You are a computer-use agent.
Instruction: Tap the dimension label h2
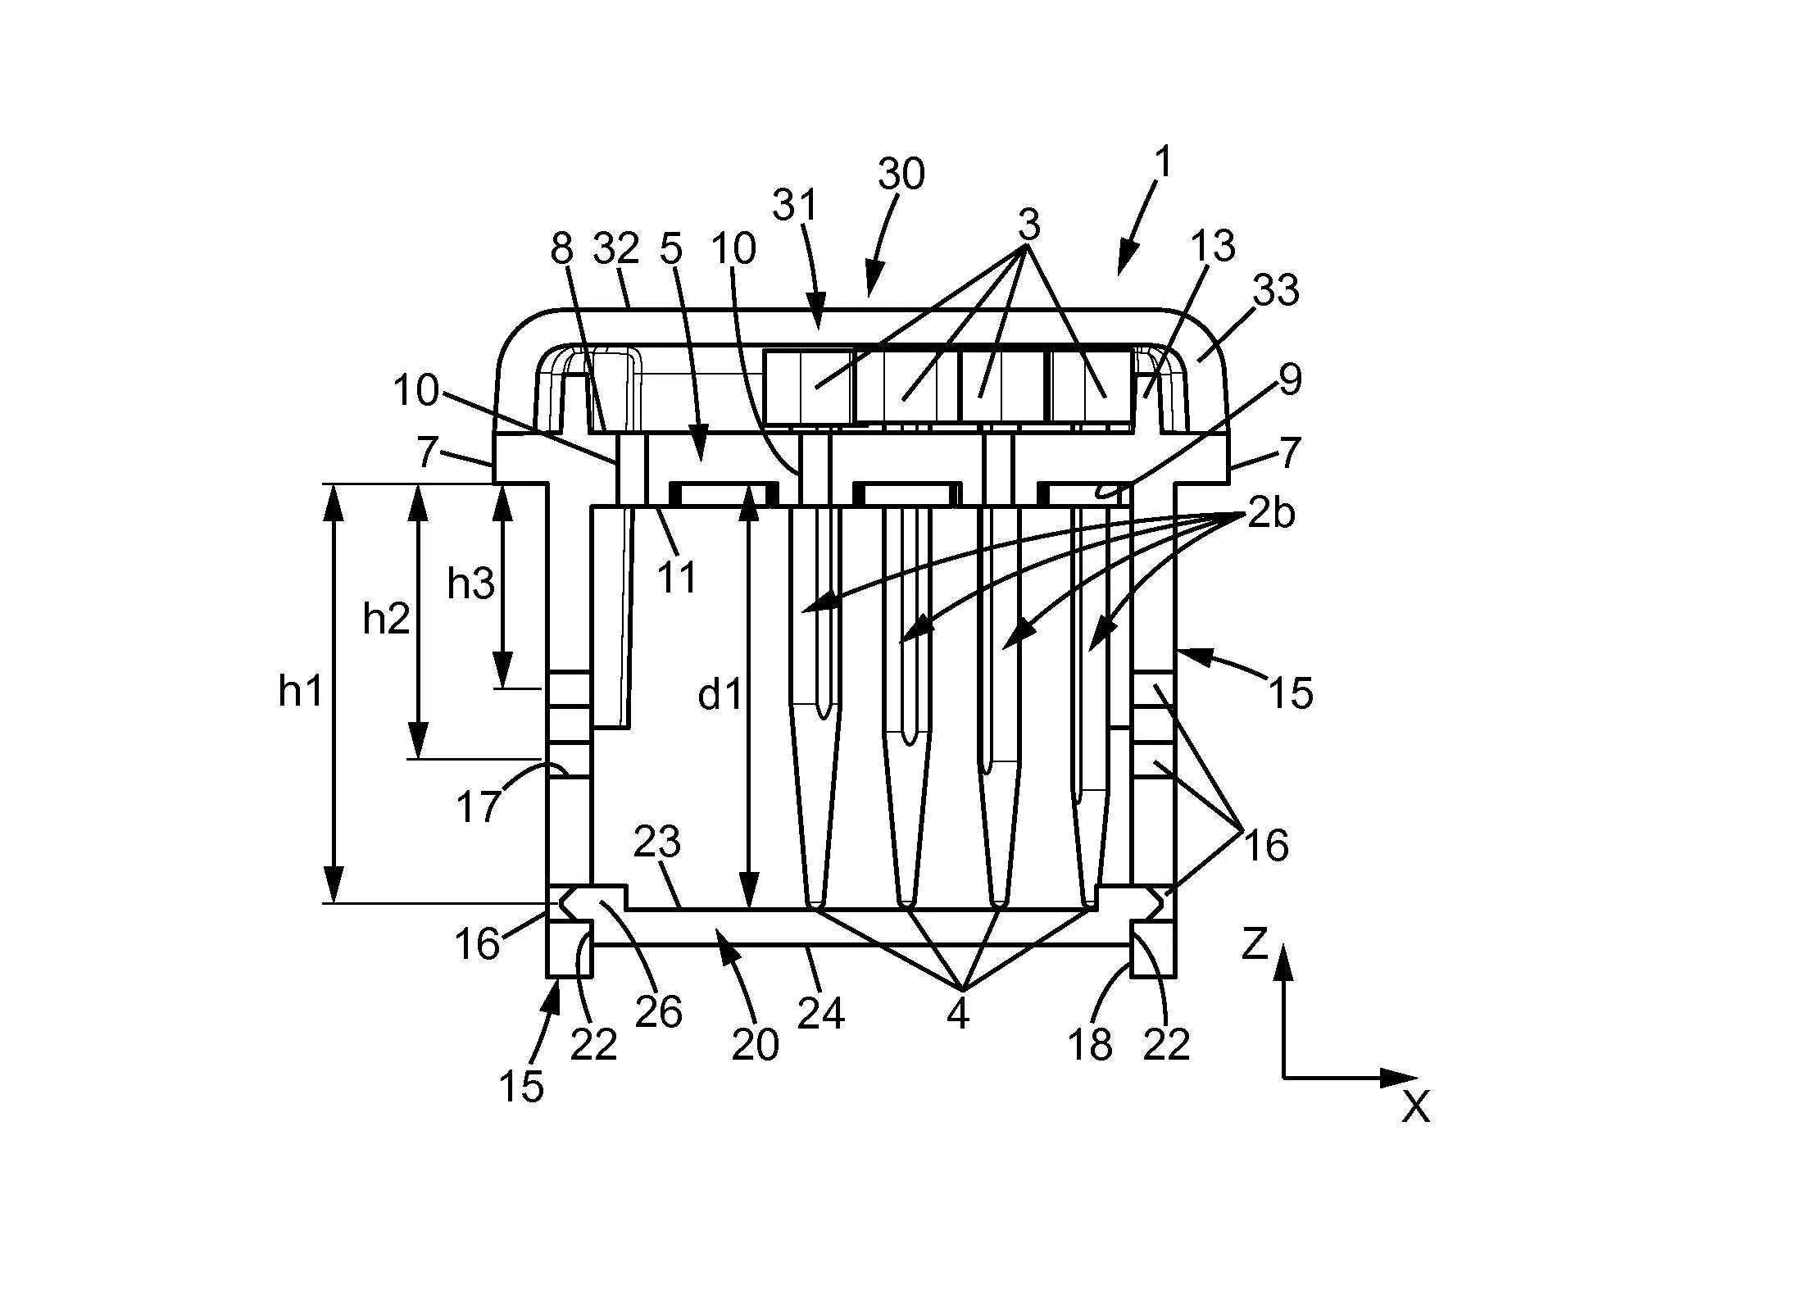(386, 620)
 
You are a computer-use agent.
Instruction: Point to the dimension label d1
(720, 696)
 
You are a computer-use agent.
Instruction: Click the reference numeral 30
(901, 175)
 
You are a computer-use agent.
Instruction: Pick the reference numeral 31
(796, 205)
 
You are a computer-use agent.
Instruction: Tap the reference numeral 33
(1276, 291)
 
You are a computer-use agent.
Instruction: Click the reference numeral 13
(1213, 246)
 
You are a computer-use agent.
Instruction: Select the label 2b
(1271, 515)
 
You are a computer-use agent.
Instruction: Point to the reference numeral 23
(658, 842)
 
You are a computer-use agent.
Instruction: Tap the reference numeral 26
(658, 1013)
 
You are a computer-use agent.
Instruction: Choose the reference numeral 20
(755, 1045)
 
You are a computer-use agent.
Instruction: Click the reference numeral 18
(1091, 1045)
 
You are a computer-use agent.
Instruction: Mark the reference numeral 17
(479, 806)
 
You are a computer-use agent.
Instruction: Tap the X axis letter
(1415, 1109)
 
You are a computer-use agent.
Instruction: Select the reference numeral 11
(677, 578)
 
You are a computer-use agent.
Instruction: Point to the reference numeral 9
(1290, 379)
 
